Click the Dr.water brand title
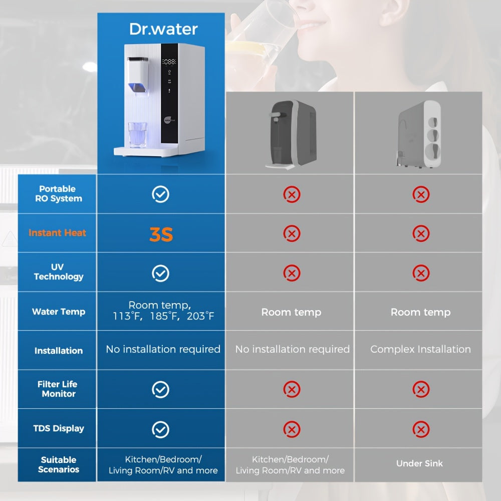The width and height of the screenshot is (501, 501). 163,29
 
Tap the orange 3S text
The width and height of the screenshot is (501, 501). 161,234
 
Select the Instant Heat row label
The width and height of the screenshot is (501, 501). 57,232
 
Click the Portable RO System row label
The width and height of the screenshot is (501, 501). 59,193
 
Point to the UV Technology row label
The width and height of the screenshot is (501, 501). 59,272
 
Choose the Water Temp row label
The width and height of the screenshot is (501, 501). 59,312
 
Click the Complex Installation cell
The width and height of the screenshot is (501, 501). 420,349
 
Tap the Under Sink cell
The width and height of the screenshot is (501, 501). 419,463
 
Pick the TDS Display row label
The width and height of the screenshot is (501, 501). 59,428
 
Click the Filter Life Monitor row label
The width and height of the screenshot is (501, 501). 58,389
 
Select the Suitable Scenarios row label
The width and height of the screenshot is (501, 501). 59,464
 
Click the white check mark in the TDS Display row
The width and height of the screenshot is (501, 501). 160,429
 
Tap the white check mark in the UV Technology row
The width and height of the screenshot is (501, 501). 160,273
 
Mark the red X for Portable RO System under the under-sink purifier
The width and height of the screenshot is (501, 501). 421,194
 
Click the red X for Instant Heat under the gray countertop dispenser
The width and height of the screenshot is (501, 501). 292,233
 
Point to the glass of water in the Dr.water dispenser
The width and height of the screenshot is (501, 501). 138,135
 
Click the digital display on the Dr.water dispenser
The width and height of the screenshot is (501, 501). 169,62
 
